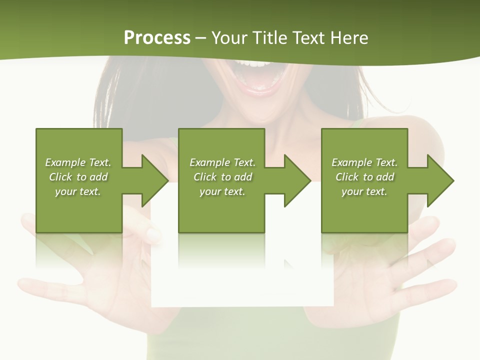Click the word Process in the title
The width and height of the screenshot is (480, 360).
(157, 37)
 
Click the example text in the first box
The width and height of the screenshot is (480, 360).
(78, 177)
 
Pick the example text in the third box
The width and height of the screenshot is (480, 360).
(364, 177)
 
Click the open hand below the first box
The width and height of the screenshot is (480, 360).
(100, 280)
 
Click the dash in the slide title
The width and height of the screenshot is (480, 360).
(201, 38)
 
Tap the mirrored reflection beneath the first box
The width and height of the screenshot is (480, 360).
(79, 252)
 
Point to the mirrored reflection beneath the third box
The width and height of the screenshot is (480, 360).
(364, 252)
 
